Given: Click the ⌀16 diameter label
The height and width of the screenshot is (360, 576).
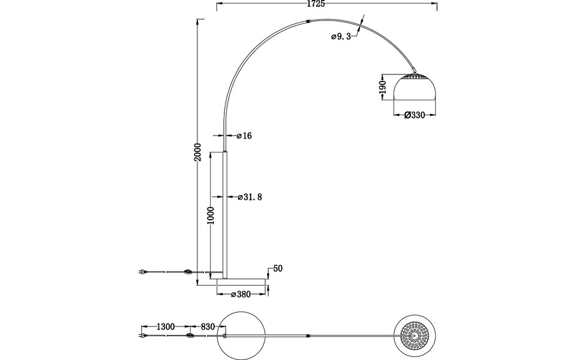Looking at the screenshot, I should tap(244, 136).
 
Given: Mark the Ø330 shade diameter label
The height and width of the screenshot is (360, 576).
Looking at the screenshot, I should tap(415, 115).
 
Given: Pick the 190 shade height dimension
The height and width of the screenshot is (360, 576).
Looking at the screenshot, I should tap(381, 86).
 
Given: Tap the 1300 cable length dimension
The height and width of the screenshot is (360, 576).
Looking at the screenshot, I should tap(165, 327).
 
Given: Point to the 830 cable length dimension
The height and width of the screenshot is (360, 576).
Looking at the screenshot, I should tap(207, 327).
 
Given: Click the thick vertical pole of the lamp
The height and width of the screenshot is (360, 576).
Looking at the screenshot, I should tap(226, 213).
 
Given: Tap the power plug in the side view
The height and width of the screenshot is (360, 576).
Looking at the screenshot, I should tap(142, 272).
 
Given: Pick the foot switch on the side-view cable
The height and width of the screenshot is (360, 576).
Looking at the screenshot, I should tap(190, 273).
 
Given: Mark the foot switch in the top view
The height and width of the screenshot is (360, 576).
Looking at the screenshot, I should tap(190, 337).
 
